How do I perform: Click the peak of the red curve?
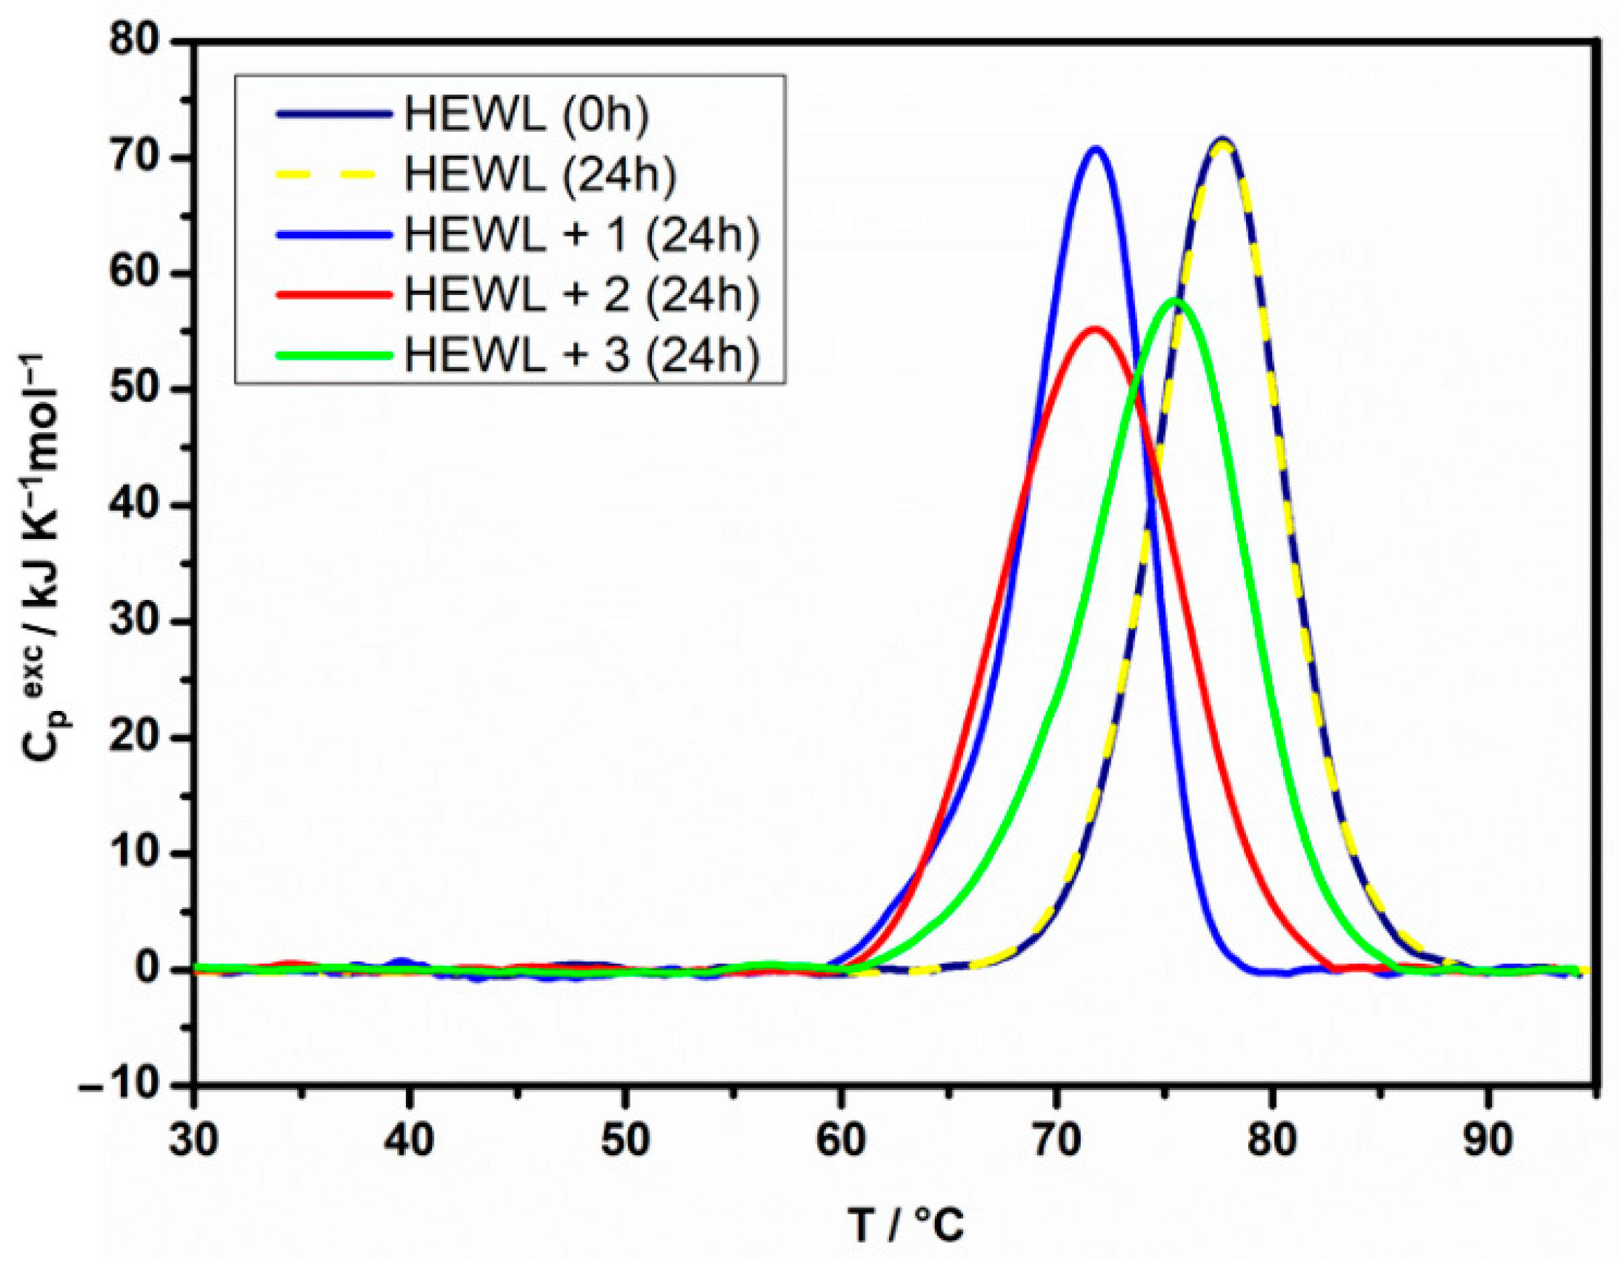pos(1094,329)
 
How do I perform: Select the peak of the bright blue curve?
pos(1095,149)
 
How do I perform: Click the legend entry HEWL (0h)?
pos(526,115)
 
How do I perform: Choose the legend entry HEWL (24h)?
pos(540,175)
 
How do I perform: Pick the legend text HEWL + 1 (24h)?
pos(582,236)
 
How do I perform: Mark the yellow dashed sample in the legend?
pos(333,175)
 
